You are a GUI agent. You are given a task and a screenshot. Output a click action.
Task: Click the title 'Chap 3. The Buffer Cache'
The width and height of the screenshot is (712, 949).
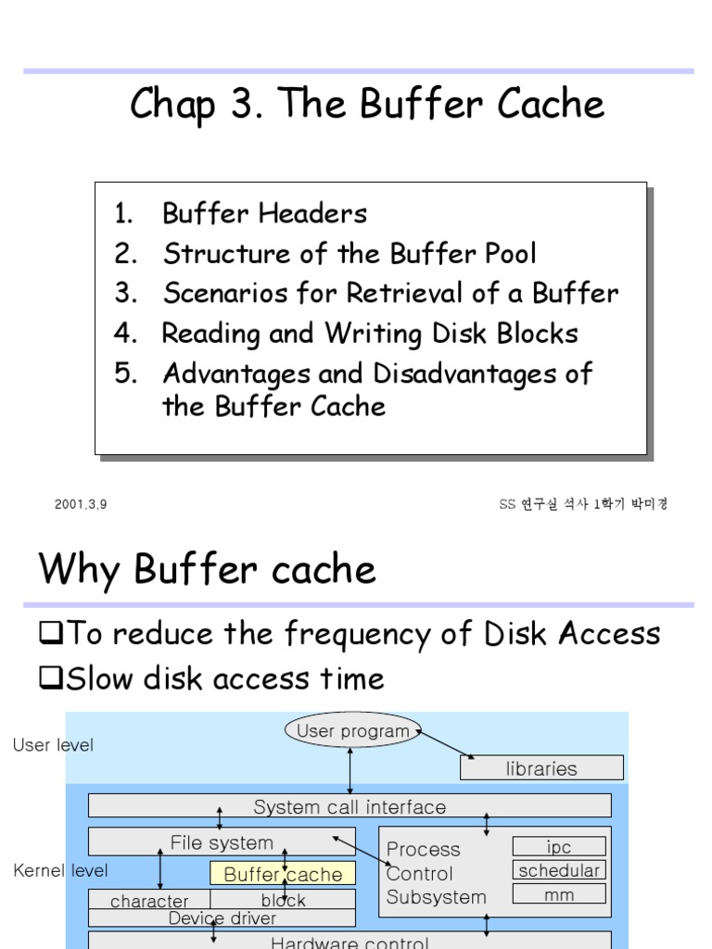pos(367,104)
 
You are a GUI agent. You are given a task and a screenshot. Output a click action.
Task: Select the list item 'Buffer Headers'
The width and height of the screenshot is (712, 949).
pos(264,213)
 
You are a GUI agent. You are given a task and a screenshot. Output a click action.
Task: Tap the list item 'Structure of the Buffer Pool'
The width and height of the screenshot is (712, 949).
pos(350,254)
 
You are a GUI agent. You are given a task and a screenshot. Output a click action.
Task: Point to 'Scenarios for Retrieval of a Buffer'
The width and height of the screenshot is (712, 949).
pos(390,294)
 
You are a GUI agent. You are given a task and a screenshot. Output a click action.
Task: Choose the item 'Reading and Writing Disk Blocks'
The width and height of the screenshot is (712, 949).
pos(370,334)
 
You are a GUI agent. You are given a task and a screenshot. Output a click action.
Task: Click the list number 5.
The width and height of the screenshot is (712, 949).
pos(125,373)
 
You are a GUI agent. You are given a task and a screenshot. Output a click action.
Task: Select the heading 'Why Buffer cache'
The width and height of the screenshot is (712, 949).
pos(207,569)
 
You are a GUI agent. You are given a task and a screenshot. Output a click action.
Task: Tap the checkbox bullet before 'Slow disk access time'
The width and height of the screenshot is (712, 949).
pos(49,679)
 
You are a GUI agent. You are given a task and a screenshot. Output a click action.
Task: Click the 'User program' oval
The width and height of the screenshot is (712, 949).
pos(352,731)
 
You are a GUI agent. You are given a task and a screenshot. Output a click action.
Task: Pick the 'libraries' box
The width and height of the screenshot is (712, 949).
pos(541,768)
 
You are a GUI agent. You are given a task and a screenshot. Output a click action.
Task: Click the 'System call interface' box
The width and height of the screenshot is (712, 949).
pos(350,806)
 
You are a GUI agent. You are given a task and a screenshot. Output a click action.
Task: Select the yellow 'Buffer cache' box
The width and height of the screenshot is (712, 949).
pos(283,874)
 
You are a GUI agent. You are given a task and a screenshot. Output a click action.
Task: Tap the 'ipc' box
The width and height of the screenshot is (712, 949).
pos(559,847)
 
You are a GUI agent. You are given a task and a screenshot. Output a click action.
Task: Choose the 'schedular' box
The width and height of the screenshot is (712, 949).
pos(559,871)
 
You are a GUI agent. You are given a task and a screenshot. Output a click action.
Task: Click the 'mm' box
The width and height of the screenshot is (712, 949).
pos(559,894)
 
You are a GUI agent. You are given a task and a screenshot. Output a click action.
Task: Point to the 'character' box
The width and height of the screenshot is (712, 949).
pos(149,901)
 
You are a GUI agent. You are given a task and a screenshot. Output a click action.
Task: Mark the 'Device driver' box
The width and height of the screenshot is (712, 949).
pos(222,918)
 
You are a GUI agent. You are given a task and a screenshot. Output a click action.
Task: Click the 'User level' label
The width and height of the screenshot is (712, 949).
pos(53,745)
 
